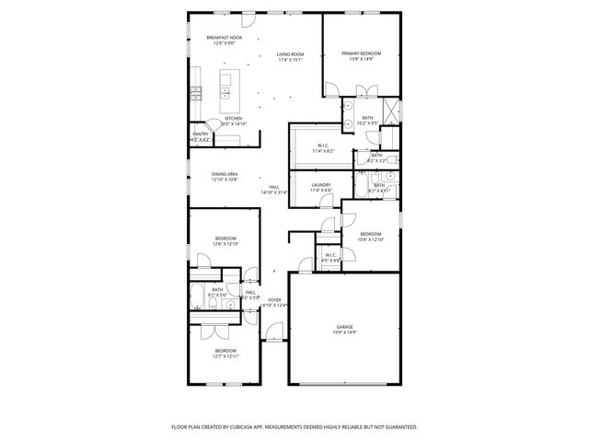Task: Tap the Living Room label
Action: tap(290, 54)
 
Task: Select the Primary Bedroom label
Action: tap(362, 53)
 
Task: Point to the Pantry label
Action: tap(200, 134)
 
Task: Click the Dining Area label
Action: tap(225, 174)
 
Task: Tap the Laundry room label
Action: tap(320, 185)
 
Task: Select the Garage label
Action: tap(345, 327)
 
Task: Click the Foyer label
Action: tap(274, 300)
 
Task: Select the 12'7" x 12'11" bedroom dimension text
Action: tap(225, 356)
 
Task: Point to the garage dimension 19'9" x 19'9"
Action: tap(345, 332)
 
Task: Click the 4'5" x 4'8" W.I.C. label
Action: tap(330, 257)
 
